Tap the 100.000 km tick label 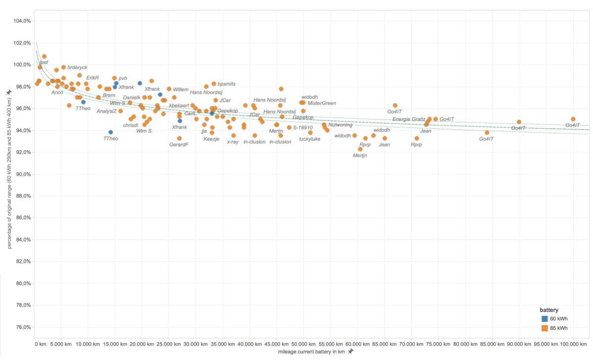point(573,344)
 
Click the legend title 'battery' point(549,310)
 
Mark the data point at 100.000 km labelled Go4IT point(573,119)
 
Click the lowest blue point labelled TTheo point(111,132)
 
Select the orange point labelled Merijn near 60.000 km point(360,149)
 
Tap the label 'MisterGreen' point(322,103)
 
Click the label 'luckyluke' point(309,139)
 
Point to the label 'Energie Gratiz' point(409,120)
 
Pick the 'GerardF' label point(179,145)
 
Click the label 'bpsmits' point(227,84)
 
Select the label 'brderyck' point(77,67)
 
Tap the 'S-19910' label point(303,127)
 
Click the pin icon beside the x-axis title point(351,352)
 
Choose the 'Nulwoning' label point(340,125)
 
